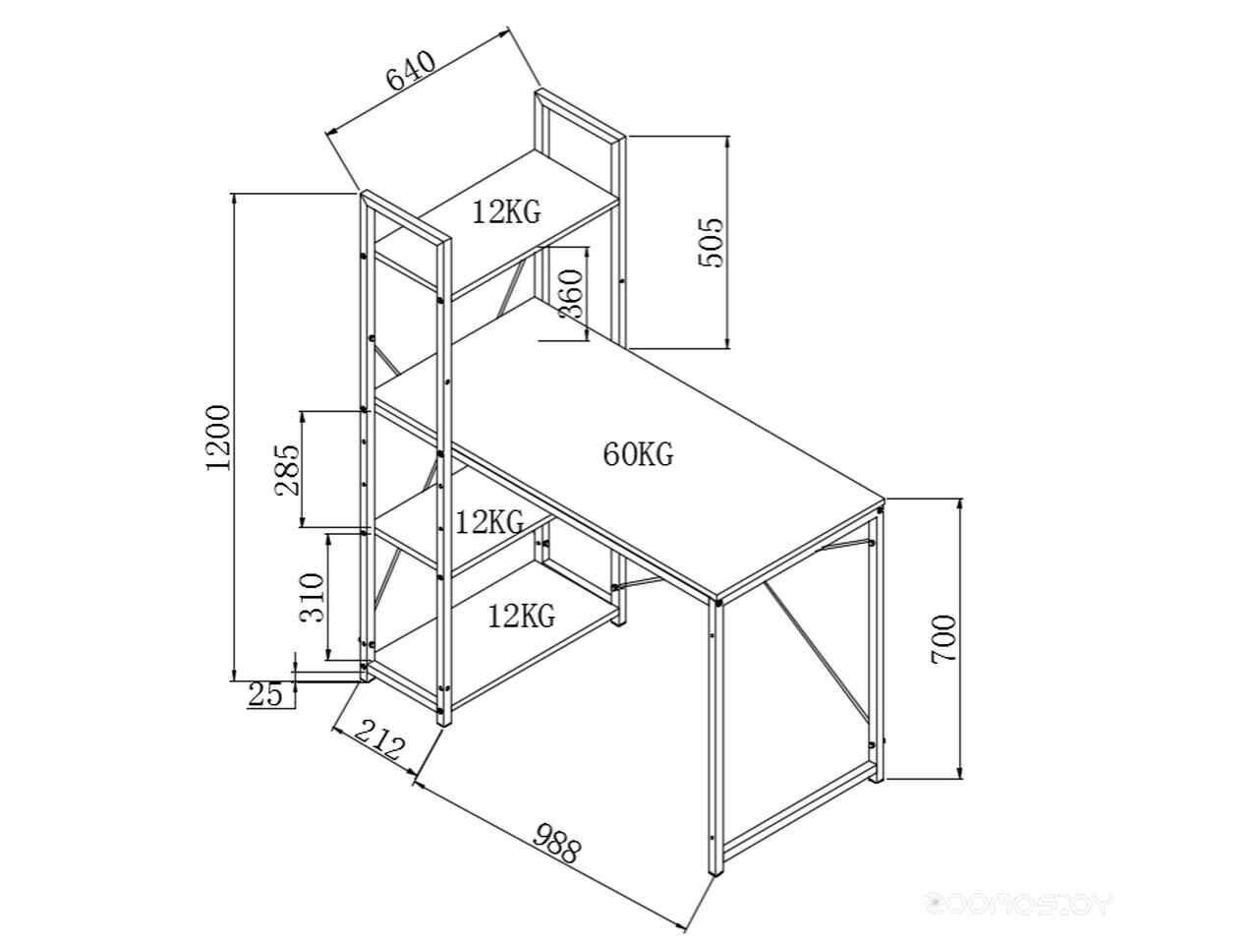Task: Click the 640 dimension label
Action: [412, 71]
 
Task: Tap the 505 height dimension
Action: [711, 242]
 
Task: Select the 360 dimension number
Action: [570, 294]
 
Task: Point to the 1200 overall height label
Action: [218, 438]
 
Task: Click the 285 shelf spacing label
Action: [287, 469]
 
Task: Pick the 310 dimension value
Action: [313, 598]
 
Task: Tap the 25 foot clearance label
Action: [265, 695]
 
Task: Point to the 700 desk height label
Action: [943, 639]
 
